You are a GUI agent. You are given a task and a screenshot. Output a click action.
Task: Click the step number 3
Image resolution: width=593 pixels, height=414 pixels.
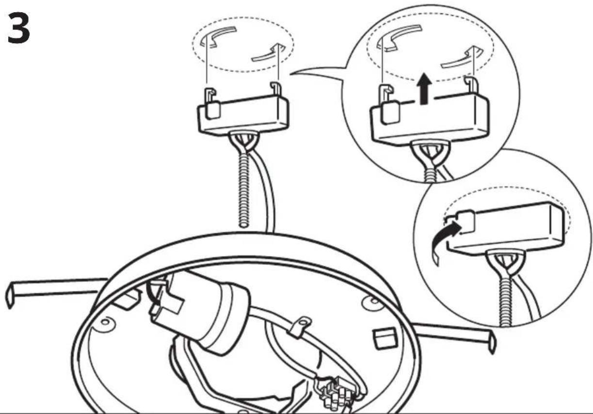pyautogui.click(x=18, y=28)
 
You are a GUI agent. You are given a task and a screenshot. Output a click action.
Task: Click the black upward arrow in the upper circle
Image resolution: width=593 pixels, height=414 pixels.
pyautogui.click(x=424, y=88)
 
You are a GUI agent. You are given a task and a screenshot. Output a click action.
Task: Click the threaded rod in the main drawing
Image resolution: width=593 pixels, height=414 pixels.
pyautogui.click(x=243, y=189)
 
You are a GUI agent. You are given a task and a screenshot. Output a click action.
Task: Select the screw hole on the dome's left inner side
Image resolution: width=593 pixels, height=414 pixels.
pyautogui.click(x=105, y=323)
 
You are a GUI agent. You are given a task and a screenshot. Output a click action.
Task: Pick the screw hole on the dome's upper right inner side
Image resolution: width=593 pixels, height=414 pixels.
pyautogui.click(x=374, y=301)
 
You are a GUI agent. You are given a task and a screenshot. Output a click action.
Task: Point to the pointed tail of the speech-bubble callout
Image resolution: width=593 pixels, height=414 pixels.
pyautogui.click(x=291, y=73)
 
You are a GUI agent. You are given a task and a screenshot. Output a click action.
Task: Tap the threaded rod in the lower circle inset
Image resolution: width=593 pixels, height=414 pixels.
pyautogui.click(x=505, y=302)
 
